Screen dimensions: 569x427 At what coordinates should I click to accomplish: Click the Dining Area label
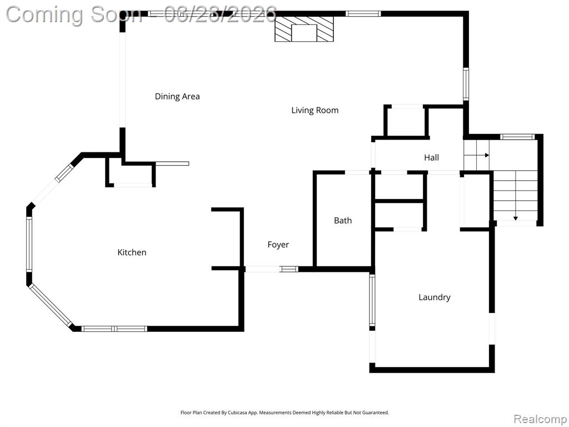(x=177, y=96)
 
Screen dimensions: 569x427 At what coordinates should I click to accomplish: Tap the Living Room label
(x=315, y=111)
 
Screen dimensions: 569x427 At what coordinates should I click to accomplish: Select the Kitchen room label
(x=132, y=252)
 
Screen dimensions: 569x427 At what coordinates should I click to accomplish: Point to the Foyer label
(x=278, y=245)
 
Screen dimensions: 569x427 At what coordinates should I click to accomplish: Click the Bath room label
(x=343, y=220)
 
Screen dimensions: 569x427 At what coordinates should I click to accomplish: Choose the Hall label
(x=431, y=157)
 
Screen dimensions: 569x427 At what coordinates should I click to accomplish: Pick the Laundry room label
(x=435, y=297)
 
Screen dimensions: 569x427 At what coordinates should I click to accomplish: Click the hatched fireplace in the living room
(x=304, y=29)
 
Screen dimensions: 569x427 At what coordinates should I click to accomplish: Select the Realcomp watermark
(x=540, y=419)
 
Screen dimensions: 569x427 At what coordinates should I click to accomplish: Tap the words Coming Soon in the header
(x=74, y=15)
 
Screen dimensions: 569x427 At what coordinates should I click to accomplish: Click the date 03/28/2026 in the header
(x=220, y=14)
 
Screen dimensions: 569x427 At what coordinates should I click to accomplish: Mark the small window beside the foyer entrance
(x=289, y=269)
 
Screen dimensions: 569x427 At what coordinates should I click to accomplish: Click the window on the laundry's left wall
(x=372, y=300)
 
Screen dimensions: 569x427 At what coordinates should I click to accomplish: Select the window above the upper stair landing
(x=517, y=137)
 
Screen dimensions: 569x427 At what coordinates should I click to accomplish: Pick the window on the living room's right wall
(x=466, y=84)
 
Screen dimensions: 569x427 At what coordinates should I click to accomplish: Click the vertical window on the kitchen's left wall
(x=29, y=244)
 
